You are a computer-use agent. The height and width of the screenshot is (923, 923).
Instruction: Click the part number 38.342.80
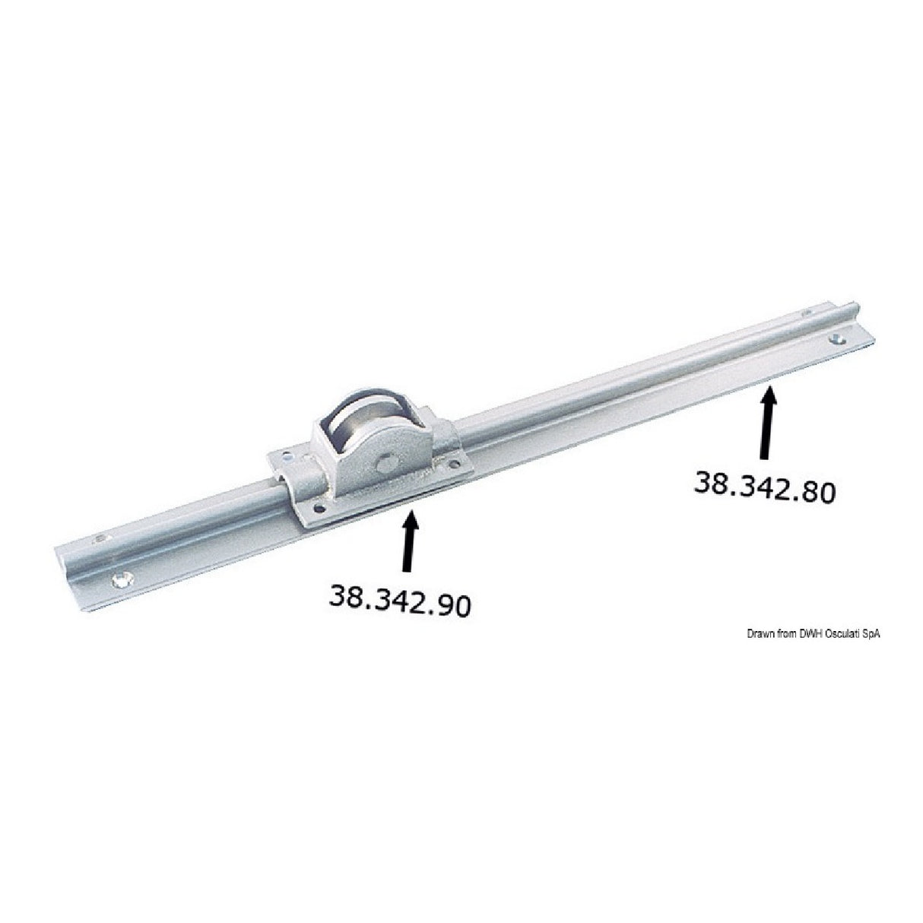(x=764, y=486)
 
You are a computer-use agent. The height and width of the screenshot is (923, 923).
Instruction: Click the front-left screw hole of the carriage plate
(x=320, y=509)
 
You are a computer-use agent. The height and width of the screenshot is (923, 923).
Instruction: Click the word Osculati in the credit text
(x=841, y=633)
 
